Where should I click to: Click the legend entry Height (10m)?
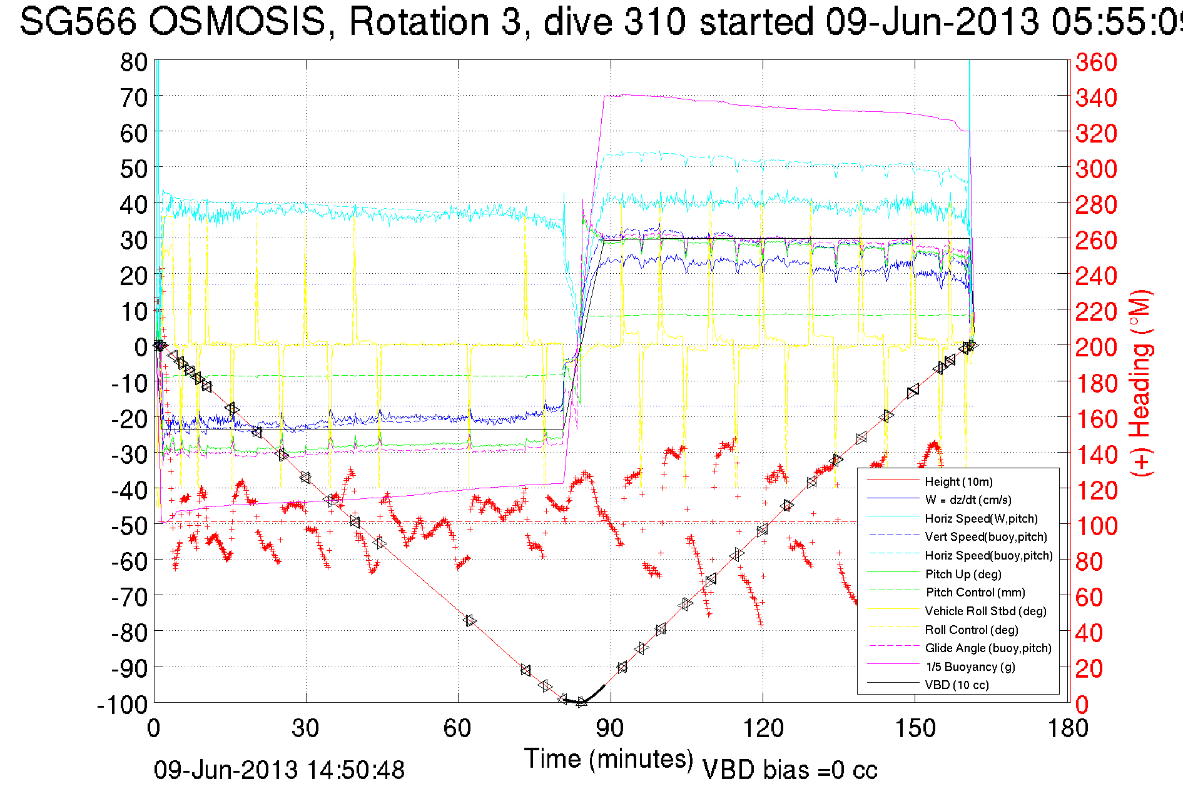point(958,481)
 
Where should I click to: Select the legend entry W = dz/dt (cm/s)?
point(968,500)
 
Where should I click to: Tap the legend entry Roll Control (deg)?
point(972,630)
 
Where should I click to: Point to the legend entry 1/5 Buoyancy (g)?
point(970,666)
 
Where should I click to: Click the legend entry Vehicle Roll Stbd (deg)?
point(985,611)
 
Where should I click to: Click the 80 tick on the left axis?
point(133,62)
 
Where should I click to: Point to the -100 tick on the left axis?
point(122,704)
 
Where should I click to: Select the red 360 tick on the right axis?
point(1096,62)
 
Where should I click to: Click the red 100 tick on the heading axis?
point(1096,526)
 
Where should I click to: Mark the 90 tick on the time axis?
point(610,728)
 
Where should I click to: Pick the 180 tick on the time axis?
point(1067,728)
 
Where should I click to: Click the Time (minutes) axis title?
point(609,758)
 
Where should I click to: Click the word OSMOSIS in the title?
point(237,22)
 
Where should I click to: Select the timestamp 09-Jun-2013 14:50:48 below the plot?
point(279,770)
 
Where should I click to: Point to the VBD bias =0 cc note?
point(790,770)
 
